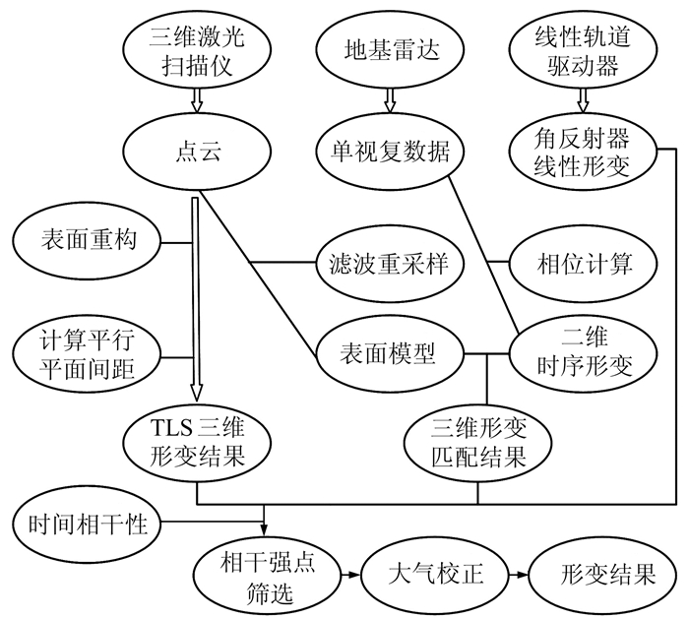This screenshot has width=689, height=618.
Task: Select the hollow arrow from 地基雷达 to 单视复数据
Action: [390, 99]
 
